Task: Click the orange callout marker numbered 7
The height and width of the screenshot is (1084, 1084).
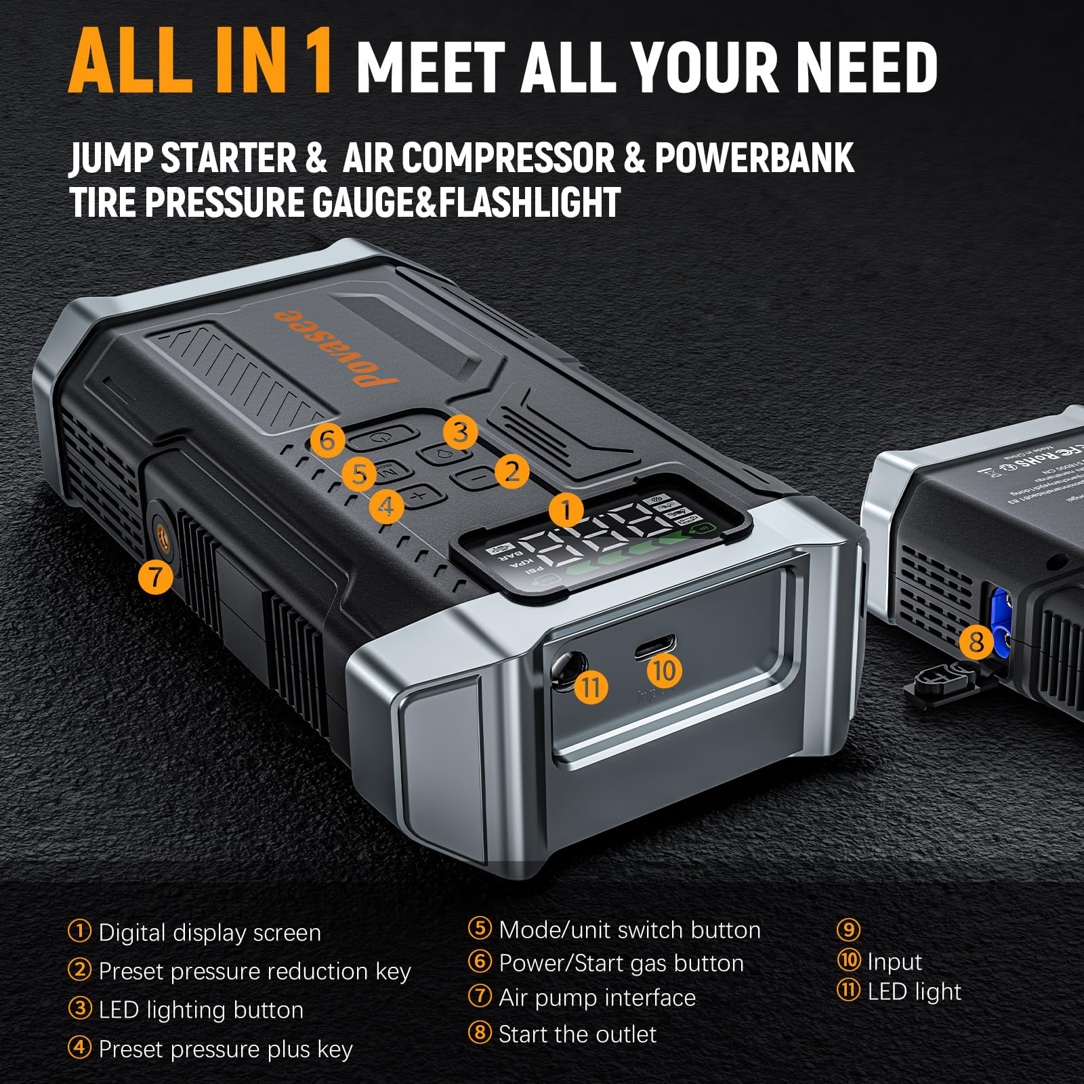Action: pyautogui.click(x=155, y=577)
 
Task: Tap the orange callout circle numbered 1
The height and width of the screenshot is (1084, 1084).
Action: pyautogui.click(x=566, y=509)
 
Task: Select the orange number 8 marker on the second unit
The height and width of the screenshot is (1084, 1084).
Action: pyautogui.click(x=976, y=641)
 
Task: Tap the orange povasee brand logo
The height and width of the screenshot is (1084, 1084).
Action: pyautogui.click(x=337, y=346)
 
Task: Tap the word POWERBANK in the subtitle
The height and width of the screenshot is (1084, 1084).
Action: pyautogui.click(x=753, y=158)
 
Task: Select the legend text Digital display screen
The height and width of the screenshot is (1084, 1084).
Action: pyautogui.click(x=209, y=932)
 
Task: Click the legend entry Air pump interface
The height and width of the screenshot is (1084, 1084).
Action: pyautogui.click(x=596, y=997)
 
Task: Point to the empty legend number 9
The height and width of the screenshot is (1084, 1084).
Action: pyautogui.click(x=848, y=929)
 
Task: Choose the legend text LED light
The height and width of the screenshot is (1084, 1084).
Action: pyautogui.click(x=913, y=991)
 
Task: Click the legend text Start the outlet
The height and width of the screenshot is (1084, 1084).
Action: pyautogui.click(x=577, y=1034)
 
